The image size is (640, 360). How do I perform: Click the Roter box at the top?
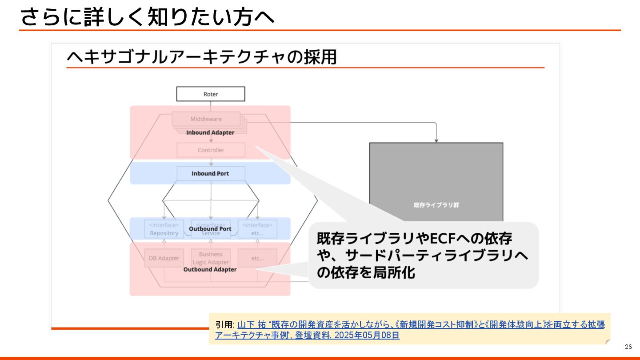[x=211, y=94]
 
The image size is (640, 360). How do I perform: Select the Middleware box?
[x=206, y=119]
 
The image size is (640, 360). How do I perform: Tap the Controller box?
[x=211, y=150]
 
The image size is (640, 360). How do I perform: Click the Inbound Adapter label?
[x=210, y=132]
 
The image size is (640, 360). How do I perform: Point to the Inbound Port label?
[x=210, y=173]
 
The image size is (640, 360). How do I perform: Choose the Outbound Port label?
[x=210, y=229]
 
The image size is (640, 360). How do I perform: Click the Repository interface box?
[x=164, y=229]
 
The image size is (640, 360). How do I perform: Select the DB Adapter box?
[x=164, y=258]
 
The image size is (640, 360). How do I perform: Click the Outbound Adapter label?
[x=210, y=269]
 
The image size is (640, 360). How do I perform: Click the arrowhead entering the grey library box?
[x=436, y=140]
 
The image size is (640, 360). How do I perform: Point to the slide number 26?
[x=628, y=347]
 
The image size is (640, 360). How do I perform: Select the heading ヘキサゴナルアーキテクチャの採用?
[x=201, y=57]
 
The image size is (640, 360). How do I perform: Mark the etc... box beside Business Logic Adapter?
[x=257, y=258]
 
